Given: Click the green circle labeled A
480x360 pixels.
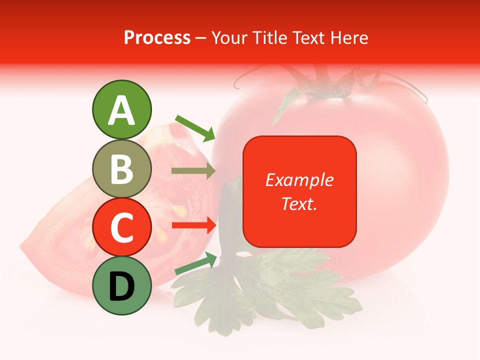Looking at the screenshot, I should click(121, 109).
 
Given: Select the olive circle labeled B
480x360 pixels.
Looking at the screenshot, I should click(121, 168).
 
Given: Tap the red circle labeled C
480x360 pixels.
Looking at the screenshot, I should click(121, 227).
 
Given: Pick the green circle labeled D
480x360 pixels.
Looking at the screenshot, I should click(121, 285).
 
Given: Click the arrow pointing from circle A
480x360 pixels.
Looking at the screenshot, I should click(195, 127).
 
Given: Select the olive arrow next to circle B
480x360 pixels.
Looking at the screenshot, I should click(193, 171).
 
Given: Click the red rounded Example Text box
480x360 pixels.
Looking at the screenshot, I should click(299, 191).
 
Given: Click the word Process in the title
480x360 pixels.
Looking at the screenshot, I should click(157, 37).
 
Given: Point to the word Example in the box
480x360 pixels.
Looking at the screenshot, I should click(299, 180).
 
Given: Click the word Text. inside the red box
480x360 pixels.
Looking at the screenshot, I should click(299, 203).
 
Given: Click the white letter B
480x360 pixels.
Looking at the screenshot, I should click(121, 169).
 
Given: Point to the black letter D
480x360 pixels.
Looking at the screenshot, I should click(121, 286).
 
